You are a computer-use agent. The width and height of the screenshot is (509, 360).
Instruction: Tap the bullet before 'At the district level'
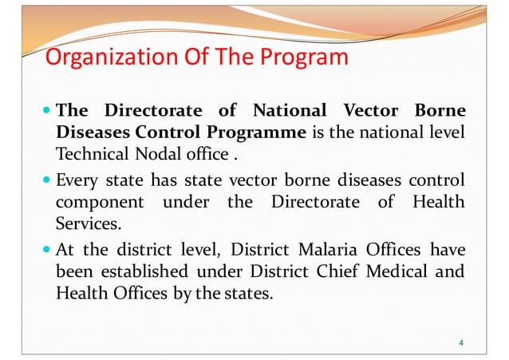[49, 248]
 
